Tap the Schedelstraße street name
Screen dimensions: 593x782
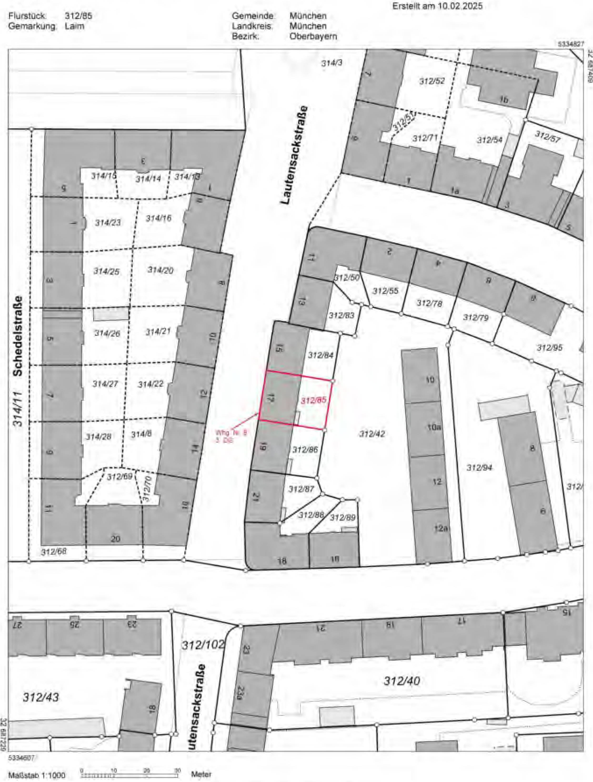click(18, 336)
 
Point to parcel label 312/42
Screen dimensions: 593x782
click(372, 434)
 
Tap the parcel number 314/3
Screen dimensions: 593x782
click(332, 63)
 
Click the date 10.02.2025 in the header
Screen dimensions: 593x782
click(458, 6)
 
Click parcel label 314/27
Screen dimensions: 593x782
click(105, 384)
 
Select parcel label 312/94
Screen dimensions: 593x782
click(479, 468)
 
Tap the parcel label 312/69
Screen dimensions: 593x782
click(120, 477)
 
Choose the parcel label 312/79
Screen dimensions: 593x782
click(476, 317)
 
